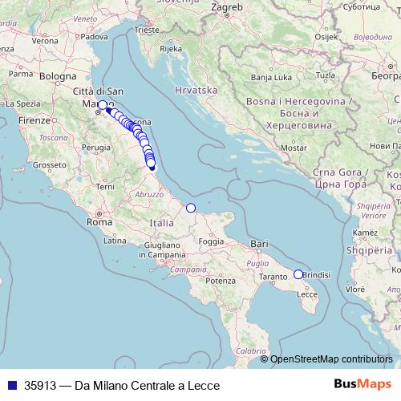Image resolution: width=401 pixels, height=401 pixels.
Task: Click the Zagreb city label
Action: click(x=226, y=8)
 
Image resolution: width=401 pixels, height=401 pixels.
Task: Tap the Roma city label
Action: click(x=99, y=222)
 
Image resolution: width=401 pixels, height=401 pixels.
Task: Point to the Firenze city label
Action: click(x=34, y=120)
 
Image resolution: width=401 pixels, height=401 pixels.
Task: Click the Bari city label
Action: click(x=258, y=243)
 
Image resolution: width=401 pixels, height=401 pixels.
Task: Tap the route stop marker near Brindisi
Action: click(x=298, y=274)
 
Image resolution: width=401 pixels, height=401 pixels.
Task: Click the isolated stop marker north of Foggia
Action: click(x=191, y=209)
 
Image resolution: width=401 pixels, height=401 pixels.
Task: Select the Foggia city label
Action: click(x=211, y=241)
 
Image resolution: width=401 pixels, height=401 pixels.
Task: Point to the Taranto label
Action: click(x=273, y=277)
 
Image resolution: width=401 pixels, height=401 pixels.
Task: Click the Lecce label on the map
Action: click(x=308, y=294)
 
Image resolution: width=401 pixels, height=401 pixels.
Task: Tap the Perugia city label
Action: click(x=96, y=148)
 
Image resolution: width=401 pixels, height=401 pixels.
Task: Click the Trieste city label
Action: click(x=147, y=30)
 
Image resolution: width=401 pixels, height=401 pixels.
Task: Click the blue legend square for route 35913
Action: click(x=11, y=385)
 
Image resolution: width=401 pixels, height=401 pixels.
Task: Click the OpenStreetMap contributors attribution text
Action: click(x=331, y=359)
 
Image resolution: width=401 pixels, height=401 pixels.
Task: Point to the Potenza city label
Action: click(x=221, y=281)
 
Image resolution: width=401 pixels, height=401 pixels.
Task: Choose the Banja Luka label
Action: click(x=271, y=78)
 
